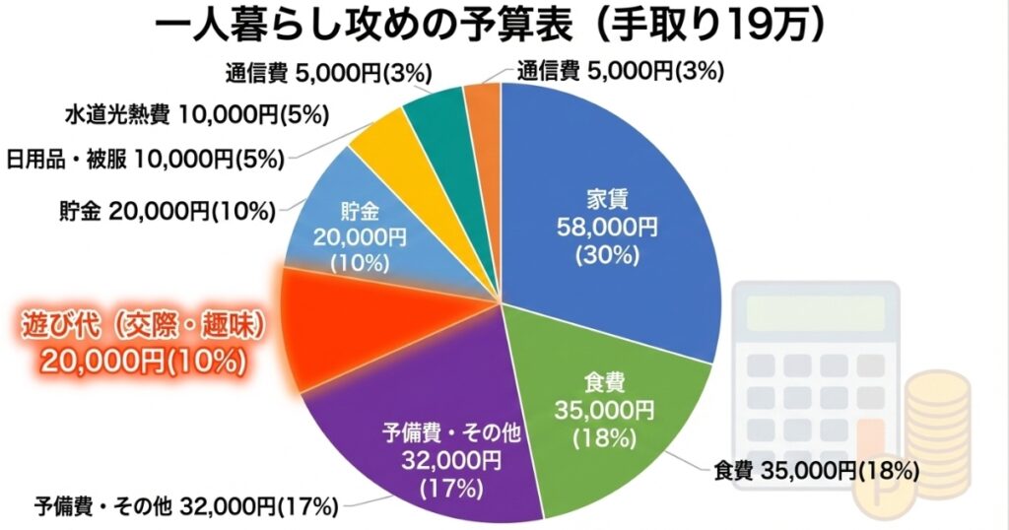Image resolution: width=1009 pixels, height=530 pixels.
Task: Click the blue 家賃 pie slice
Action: tap(611, 197)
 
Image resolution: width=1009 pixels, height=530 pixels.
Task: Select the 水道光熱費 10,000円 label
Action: tap(197, 115)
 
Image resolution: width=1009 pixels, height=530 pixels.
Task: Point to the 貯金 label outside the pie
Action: tap(159, 209)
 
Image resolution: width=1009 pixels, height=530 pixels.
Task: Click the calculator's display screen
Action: tap(822, 313)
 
